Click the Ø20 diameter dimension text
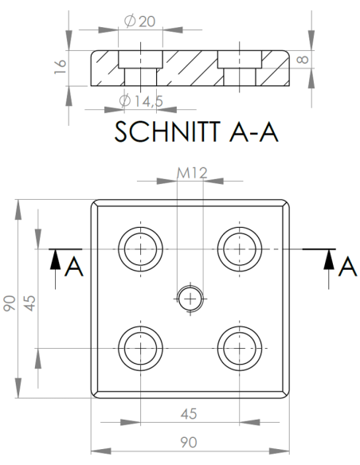point(140,21)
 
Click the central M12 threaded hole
point(190,298)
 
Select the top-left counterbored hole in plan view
point(140,248)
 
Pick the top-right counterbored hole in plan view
point(239,248)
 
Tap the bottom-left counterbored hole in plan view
point(140,347)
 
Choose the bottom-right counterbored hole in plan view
point(239,347)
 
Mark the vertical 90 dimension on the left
point(10,303)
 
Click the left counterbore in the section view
point(140,60)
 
